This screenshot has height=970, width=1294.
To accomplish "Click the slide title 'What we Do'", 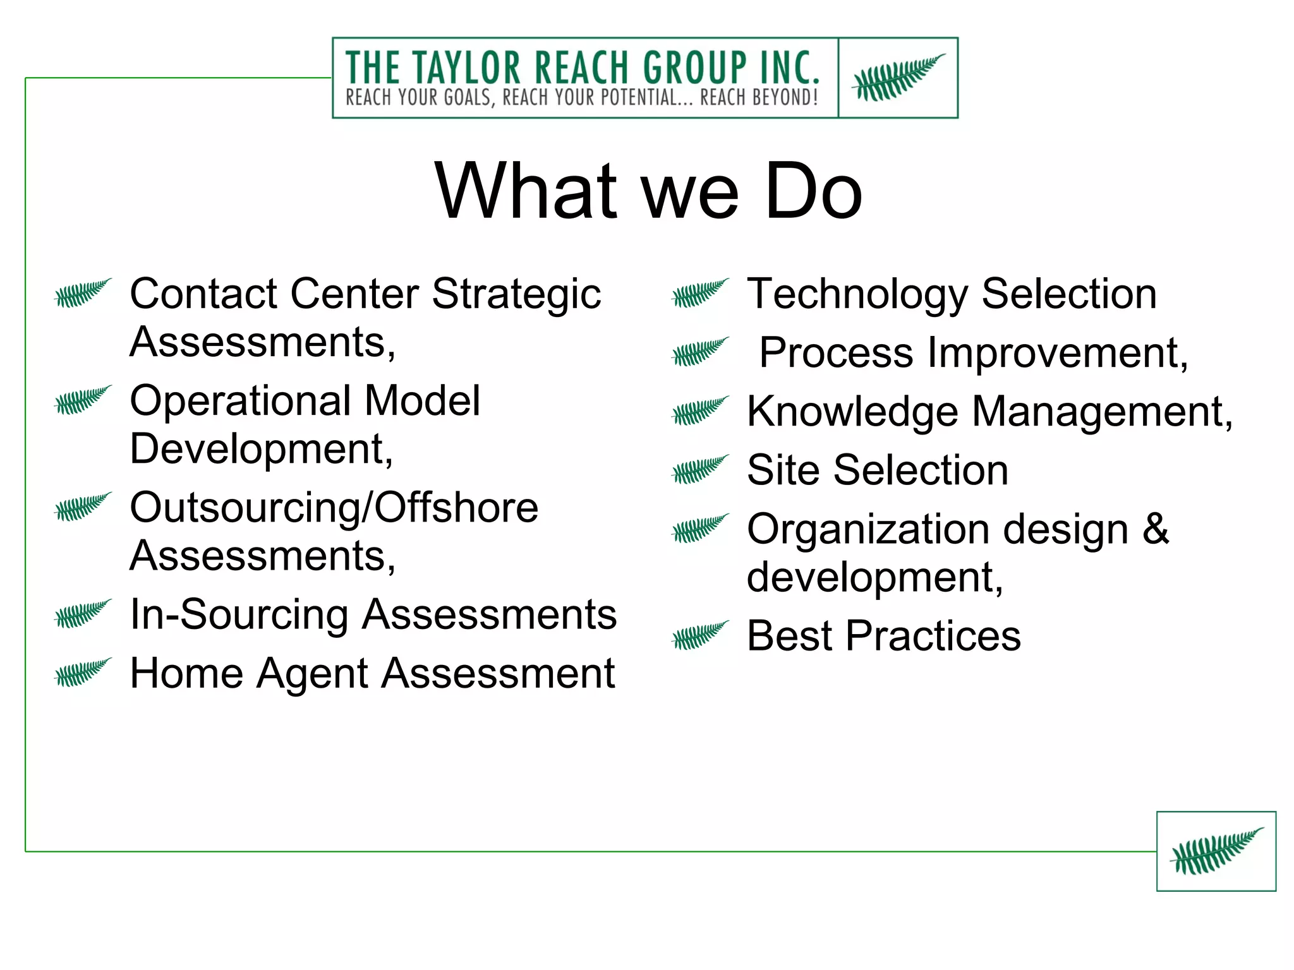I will coord(648,191).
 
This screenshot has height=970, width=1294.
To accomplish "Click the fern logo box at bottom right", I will coord(1216,851).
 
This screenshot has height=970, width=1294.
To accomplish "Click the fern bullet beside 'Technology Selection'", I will coord(700,293).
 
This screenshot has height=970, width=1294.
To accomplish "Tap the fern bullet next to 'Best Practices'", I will coord(700,635).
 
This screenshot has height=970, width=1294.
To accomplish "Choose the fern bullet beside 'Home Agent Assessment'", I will coord(83,673).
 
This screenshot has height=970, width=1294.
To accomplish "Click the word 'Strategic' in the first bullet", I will coord(516,294).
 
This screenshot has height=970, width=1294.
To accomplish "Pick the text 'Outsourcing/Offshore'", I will coord(334,508).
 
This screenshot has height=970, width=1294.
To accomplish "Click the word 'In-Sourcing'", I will coord(239,614).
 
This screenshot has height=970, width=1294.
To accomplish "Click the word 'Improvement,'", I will coord(1058,353).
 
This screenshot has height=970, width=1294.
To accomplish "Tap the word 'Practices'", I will coord(933,636).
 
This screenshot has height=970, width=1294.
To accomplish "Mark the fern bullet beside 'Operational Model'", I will coord(83,400).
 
